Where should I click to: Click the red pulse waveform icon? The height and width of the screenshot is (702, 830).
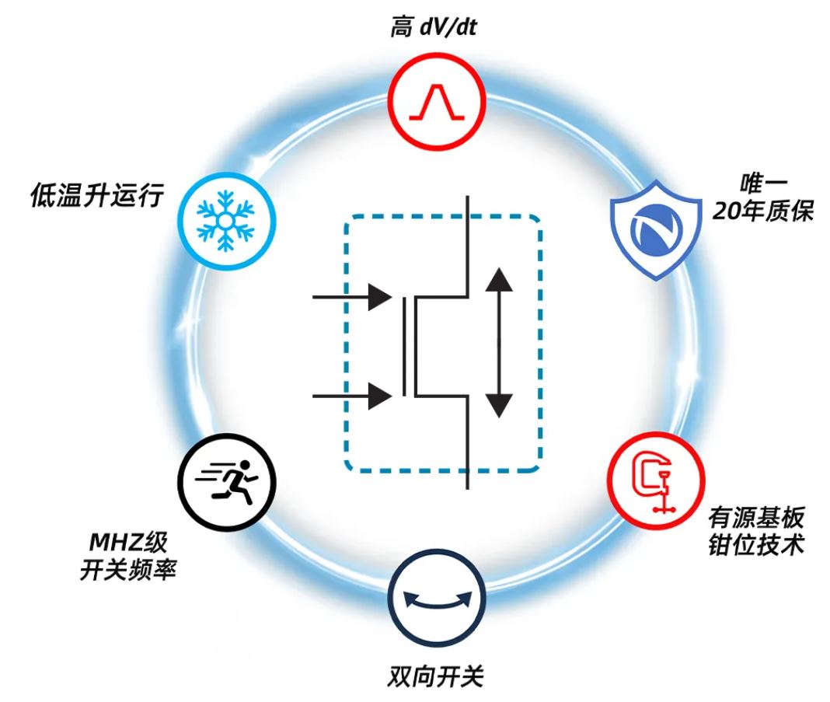pos(437,101)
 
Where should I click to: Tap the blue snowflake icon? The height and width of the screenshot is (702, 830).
pos(226,221)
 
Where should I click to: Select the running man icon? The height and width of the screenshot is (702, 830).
pos(227,482)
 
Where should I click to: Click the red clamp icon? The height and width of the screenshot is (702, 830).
pos(656,480)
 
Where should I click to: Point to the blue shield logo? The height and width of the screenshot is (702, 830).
pos(657,230)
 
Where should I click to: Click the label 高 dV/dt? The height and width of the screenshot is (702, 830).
pos(434,26)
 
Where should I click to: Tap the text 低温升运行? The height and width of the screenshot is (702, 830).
pos(97,195)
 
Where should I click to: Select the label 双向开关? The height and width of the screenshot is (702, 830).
pos(436,676)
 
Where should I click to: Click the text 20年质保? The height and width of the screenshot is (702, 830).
pos(762,211)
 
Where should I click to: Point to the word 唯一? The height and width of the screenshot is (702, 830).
pos(763,183)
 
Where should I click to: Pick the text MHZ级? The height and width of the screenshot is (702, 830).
pos(128,542)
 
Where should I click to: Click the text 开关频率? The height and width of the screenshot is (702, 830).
pos(128,570)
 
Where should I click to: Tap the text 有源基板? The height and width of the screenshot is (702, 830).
pos(756,517)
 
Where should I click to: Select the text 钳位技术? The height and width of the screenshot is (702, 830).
pos(756,545)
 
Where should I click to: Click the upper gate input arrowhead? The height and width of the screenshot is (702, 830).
pos(380,297)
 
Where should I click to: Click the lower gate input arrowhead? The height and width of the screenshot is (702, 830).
pos(380,396)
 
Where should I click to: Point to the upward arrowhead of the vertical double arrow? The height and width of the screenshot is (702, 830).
pos(499,280)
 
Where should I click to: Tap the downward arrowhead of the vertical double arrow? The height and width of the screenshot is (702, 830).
pos(499,406)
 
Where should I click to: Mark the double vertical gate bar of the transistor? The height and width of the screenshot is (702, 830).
pos(410,346)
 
